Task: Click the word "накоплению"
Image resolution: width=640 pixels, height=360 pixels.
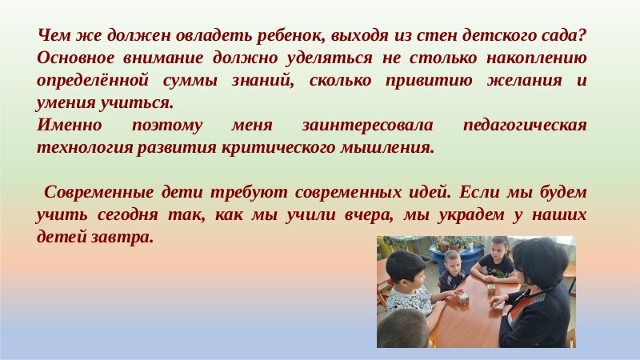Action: [x=536, y=58]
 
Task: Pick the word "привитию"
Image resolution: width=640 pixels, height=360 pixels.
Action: [x=429, y=81]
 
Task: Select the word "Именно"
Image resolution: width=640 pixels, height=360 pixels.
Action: [x=70, y=125]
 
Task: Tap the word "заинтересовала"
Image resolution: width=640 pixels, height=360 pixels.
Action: [x=367, y=125]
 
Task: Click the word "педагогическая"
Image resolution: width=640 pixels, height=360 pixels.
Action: [x=525, y=125]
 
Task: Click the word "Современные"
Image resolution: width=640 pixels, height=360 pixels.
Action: [x=98, y=192]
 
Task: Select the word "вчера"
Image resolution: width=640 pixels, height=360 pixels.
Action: [x=368, y=214]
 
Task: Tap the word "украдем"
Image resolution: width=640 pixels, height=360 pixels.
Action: [x=471, y=214]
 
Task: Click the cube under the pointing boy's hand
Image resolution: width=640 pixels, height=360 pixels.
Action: [x=463, y=298]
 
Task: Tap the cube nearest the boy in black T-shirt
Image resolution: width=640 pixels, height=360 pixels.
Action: [x=491, y=290]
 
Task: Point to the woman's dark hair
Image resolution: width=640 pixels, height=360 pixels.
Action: [x=538, y=261]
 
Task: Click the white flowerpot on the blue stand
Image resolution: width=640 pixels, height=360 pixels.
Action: [x=470, y=246]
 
